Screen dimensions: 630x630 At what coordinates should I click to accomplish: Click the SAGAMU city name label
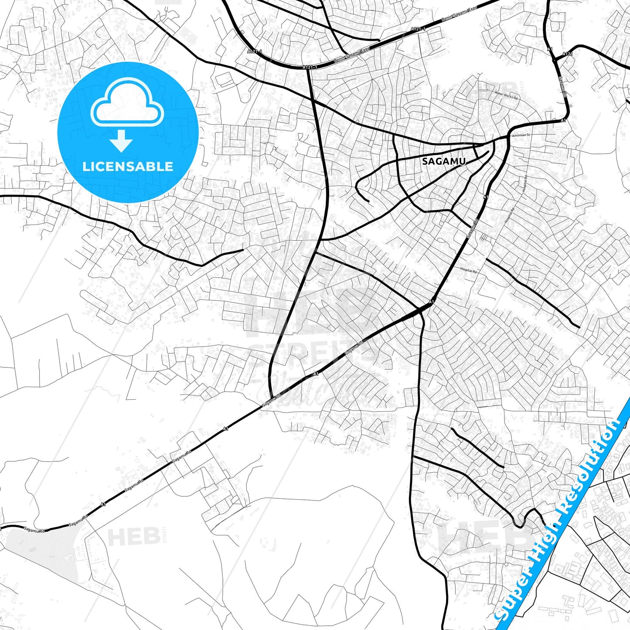pyautogui.click(x=444, y=161)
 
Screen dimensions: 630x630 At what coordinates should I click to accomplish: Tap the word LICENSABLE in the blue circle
pyautogui.click(x=128, y=166)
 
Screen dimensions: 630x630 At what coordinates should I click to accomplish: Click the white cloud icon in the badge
pyautogui.click(x=127, y=103)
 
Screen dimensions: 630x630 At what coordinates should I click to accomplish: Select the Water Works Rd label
pyautogui.click(x=506, y=95)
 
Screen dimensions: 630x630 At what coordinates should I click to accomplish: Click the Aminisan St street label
pyautogui.click(x=521, y=136)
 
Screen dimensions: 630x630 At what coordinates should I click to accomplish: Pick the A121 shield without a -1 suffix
pyautogui.click(x=567, y=54)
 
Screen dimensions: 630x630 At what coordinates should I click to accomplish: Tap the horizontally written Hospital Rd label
pyautogui.click(x=469, y=271)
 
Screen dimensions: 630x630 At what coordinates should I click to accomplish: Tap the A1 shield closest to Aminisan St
pyautogui.click(x=563, y=120)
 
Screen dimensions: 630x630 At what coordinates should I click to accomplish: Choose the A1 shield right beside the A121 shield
pyautogui.click(x=550, y=49)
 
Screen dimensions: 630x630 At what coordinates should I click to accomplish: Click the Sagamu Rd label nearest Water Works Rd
pyautogui.click(x=562, y=87)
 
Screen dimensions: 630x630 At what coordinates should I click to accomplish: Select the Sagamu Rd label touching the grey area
pyautogui.click(x=35, y=530)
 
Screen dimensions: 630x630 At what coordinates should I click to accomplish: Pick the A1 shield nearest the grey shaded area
pyautogui.click(x=103, y=504)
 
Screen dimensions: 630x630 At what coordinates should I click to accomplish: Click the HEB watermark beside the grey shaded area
pyautogui.click(x=133, y=537)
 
